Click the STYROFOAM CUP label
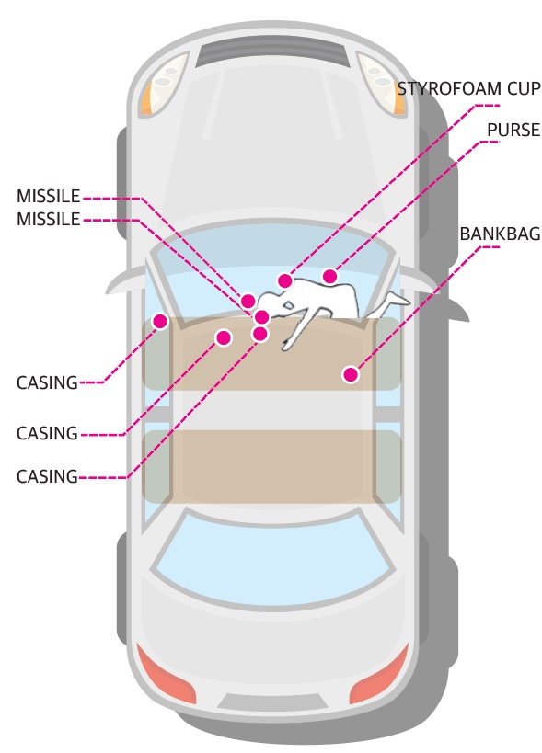(468, 89)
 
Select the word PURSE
(513, 131)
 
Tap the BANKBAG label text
(500, 234)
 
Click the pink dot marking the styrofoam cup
(285, 280)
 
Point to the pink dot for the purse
(329, 276)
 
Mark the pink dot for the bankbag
(351, 374)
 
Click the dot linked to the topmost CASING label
(160, 321)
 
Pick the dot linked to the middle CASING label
(224, 337)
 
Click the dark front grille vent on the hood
(273, 53)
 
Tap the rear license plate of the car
(273, 702)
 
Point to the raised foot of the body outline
(399, 299)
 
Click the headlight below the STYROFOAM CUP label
(381, 85)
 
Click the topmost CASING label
(47, 382)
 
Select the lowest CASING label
(47, 476)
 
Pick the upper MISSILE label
(49, 196)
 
